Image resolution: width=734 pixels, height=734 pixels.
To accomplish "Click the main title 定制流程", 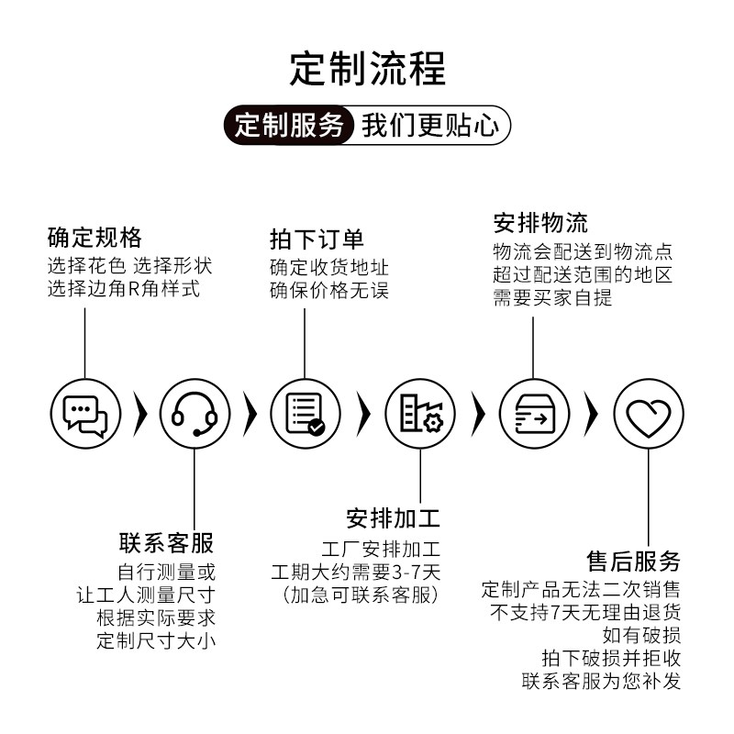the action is [367, 70].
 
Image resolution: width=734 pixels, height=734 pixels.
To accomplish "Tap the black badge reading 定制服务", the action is [289, 126].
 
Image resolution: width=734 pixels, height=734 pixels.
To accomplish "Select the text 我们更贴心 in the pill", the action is [430, 126].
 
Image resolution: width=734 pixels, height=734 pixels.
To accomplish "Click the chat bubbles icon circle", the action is [85, 415].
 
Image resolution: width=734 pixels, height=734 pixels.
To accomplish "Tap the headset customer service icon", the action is [195, 415].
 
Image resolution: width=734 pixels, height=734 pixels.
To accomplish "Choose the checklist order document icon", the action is [305, 415].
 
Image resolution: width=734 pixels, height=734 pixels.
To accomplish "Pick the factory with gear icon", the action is [420, 415].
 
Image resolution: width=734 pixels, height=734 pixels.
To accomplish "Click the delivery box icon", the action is [533, 415].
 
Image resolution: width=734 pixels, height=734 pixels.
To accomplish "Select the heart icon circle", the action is [648, 415].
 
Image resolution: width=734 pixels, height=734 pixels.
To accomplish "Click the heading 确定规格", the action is [95, 239].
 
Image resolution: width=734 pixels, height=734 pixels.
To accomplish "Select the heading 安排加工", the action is [394, 518].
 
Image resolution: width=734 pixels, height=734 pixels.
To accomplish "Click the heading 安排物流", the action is [540, 223].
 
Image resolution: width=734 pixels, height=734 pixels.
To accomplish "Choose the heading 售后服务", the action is [634, 562].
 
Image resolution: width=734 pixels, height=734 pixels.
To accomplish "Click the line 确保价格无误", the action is [328, 291].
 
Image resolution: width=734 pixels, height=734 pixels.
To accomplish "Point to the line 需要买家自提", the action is [552, 299].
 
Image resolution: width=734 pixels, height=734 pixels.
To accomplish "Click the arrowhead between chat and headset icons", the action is [140, 415].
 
